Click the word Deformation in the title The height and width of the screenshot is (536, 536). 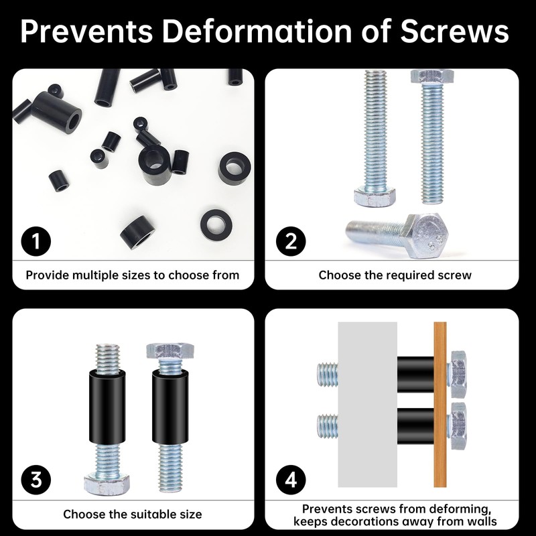tap(257, 31)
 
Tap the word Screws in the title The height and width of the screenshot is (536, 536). tap(454, 31)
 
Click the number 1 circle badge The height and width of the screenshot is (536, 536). tap(36, 241)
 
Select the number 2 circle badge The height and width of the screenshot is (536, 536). tap(291, 241)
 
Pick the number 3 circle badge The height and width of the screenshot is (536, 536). tap(36, 480)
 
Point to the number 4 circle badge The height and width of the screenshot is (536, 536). tap(291, 480)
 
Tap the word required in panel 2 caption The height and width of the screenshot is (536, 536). tap(409, 275)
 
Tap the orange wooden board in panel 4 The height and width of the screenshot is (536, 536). tap(440, 405)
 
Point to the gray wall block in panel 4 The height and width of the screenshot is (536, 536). tap(367, 405)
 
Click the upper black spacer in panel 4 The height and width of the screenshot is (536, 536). tap(415, 375)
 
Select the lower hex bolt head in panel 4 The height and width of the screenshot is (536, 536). tap(458, 426)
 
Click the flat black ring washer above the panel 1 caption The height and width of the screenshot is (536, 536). tap(216, 224)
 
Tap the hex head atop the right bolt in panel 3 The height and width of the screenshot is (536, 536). tap(170, 351)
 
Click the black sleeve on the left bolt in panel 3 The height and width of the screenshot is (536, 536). tap(107, 407)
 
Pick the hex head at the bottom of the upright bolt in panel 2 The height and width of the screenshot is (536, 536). tap(375, 196)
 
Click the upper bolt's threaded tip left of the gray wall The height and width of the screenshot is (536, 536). tap(328, 375)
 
